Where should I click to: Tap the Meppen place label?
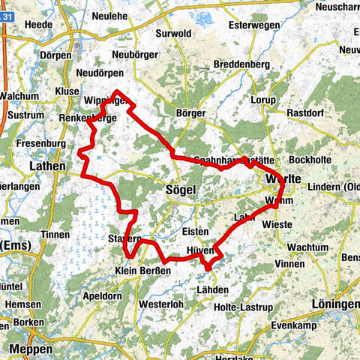[31, 349]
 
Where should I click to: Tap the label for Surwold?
[175, 33]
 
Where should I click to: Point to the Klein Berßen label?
[142, 270]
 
